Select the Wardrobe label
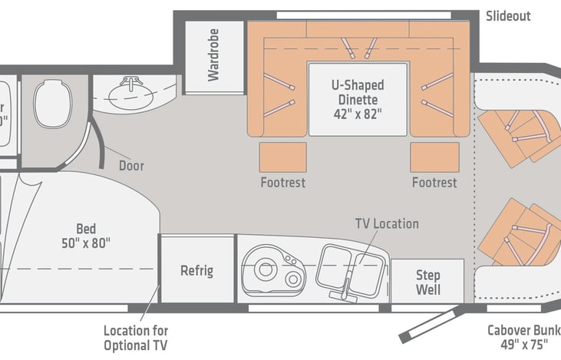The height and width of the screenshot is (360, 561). tap(213, 56)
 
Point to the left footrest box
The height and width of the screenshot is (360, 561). tap(282, 157)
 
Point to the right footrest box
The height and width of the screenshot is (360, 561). tap(434, 157)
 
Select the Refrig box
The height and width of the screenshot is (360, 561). tap(196, 270)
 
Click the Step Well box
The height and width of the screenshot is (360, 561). tap(427, 282)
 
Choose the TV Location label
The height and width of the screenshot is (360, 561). tap(386, 223)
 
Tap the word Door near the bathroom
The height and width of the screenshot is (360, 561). tap(131, 165)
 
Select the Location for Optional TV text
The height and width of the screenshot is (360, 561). tap(136, 337)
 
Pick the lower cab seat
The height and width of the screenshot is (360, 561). tap(522, 230)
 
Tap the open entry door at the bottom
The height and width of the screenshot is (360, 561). tap(430, 322)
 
